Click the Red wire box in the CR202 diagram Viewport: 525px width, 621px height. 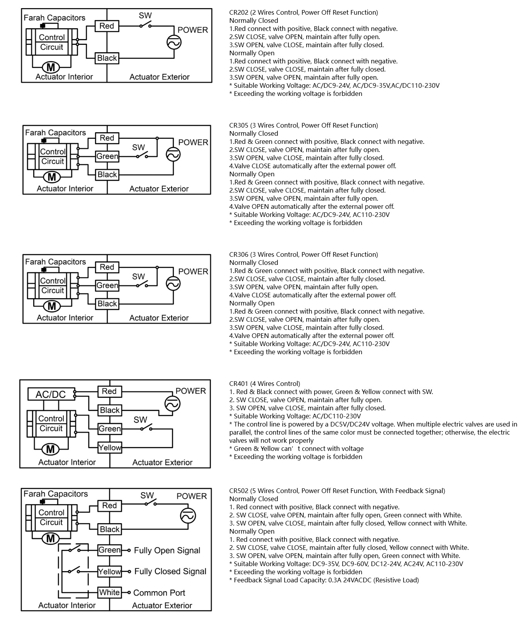(107, 26)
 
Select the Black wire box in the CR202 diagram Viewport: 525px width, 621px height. (107, 58)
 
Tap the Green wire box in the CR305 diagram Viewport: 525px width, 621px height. (107, 156)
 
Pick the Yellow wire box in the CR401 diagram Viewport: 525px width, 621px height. (110, 447)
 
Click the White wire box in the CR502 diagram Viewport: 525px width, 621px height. (109, 592)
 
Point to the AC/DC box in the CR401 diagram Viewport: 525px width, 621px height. (51, 394)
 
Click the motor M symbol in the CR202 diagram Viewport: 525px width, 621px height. (51, 67)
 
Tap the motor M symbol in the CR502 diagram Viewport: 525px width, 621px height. (51, 538)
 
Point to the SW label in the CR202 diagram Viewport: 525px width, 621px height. (145, 16)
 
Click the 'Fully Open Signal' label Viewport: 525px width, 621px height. (167, 550)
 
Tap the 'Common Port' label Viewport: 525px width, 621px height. (159, 593)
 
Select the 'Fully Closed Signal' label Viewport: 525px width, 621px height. (170, 572)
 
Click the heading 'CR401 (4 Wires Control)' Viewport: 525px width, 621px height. (264, 384)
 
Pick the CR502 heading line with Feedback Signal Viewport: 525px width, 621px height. (337, 491)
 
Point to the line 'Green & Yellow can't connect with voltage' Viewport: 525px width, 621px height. (296, 449)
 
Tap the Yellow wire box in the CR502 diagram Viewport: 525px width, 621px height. (109, 572)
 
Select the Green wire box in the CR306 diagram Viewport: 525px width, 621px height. (107, 285)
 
